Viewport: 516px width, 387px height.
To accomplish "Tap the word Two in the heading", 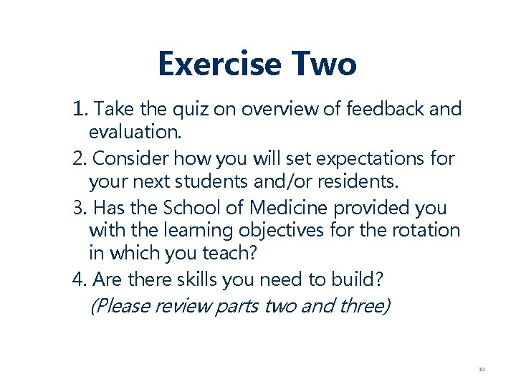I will click(324, 64).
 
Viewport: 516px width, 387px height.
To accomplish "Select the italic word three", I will click(364, 306).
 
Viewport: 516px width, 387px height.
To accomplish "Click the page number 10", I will click(482, 370).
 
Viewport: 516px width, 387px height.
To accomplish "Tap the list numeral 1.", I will click(78, 109).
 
